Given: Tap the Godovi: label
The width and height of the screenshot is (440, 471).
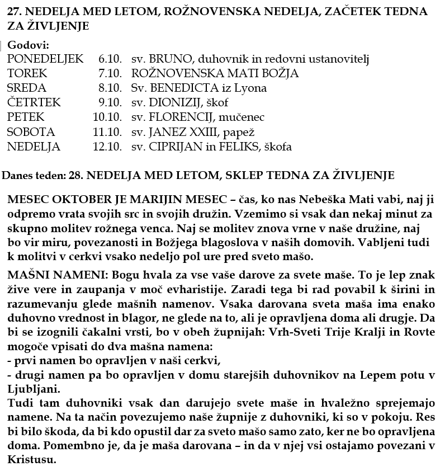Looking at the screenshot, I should tap(28, 45).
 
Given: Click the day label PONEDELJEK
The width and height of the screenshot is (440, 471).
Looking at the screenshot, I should tap(45, 59).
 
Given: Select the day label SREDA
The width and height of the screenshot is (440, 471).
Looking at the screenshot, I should tap(27, 88).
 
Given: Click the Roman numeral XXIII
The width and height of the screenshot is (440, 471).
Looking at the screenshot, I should tap(200, 132).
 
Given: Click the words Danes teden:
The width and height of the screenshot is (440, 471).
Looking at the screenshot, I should tap(33, 176).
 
